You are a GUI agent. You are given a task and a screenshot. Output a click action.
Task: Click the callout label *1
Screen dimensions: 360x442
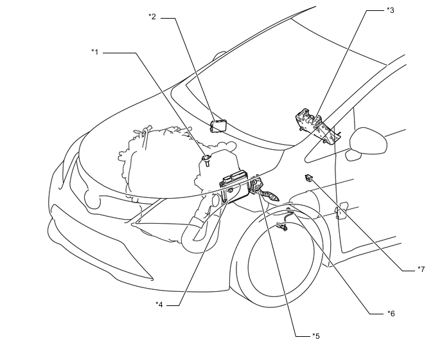95,51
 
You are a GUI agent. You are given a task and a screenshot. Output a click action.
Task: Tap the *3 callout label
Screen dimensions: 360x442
390,10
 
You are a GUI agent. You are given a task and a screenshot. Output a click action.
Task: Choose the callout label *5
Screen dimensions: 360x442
315,335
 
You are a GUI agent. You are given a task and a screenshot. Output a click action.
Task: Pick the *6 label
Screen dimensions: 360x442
391,313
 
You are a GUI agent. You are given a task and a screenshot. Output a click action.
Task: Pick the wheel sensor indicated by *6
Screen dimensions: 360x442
283,224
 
